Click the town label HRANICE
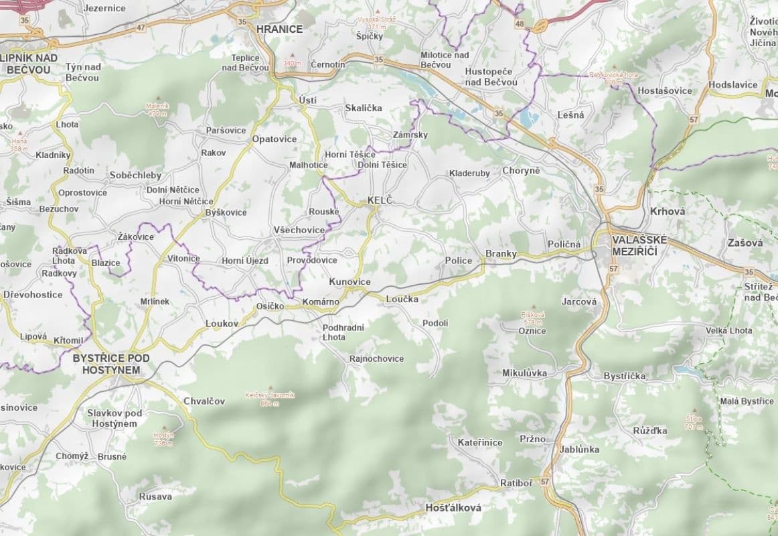[280, 29]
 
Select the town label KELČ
[379, 200]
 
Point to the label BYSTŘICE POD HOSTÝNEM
[111, 364]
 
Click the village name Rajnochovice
[376, 358]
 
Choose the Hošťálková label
[453, 508]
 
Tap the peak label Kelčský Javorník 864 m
[270, 399]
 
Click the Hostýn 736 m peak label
[163, 439]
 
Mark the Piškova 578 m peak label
[533, 318]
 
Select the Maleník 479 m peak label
[157, 109]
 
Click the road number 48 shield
[520, 23]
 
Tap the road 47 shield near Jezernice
[140, 27]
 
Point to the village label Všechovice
[299, 230]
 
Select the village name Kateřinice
[480, 442]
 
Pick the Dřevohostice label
[33, 294]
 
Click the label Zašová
[745, 243]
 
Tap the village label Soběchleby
[136, 175]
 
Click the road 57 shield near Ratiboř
[545, 482]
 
